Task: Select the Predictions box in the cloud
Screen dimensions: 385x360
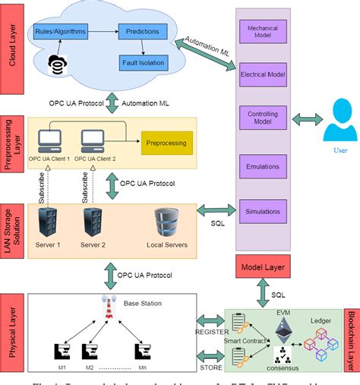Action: pos(143,32)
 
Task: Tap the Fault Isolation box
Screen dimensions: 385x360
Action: pos(143,62)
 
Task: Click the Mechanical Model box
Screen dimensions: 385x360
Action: pos(263,33)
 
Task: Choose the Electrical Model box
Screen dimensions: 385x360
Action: pos(263,74)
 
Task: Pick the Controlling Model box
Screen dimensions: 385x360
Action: pos(263,118)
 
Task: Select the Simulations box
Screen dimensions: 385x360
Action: pos(263,210)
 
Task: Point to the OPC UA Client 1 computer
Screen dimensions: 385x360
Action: pos(51,139)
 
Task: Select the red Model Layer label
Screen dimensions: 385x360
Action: pos(263,267)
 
